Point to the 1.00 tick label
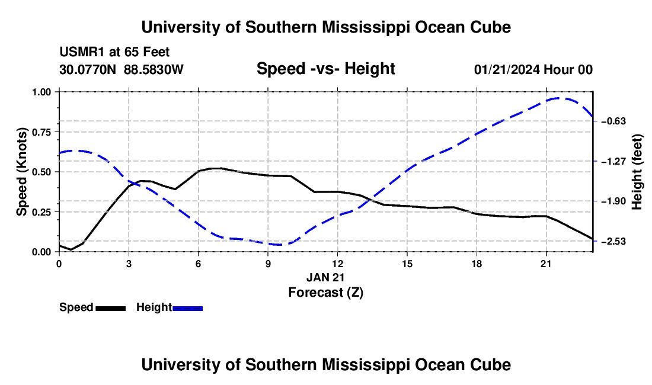[41, 92]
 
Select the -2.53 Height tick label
[613, 241]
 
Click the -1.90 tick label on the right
[613, 201]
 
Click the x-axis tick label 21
[546, 264]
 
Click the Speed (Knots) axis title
[21, 172]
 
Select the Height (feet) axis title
[637, 172]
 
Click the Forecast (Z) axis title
[325, 293]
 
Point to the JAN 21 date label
[325, 277]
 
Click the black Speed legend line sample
[111, 308]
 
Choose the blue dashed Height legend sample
[187, 308]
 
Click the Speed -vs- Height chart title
[325, 69]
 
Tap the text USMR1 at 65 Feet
[114, 52]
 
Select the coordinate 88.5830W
[154, 69]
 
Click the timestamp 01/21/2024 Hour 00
[533, 69]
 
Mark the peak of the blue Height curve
[558, 98]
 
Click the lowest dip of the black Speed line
[71, 249]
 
